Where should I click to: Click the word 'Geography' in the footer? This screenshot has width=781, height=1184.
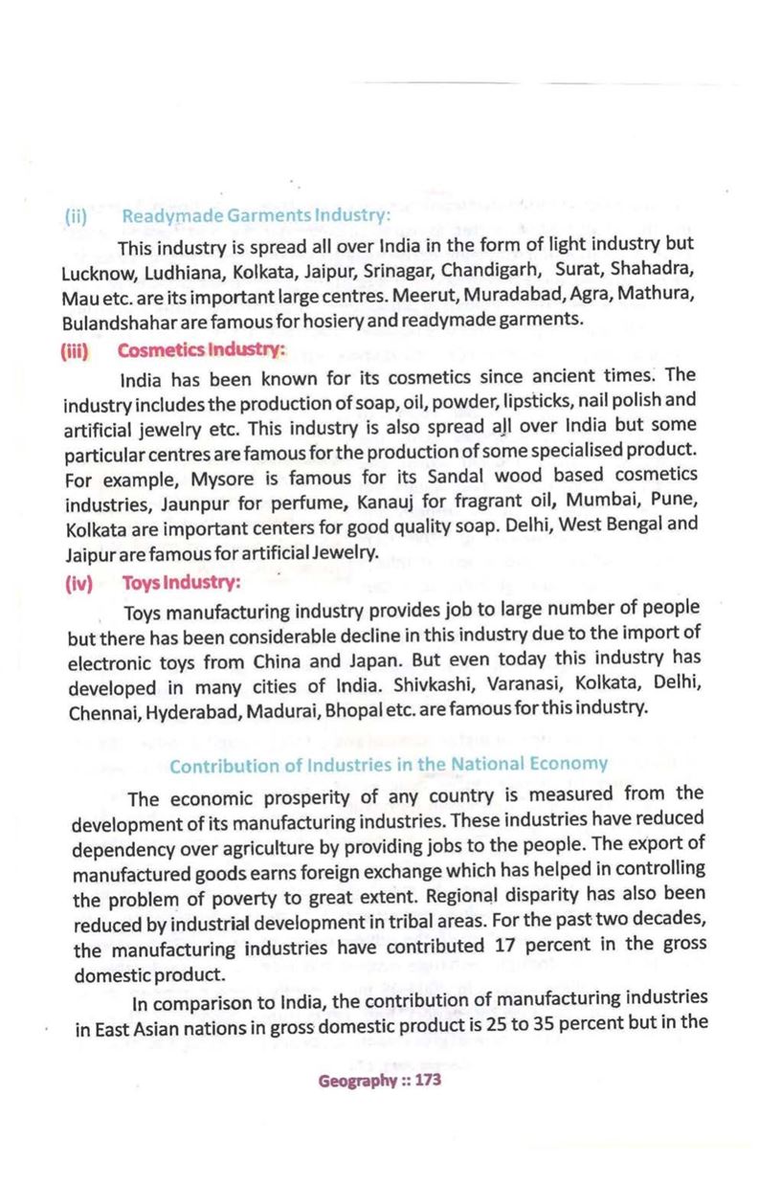[357, 1080]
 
